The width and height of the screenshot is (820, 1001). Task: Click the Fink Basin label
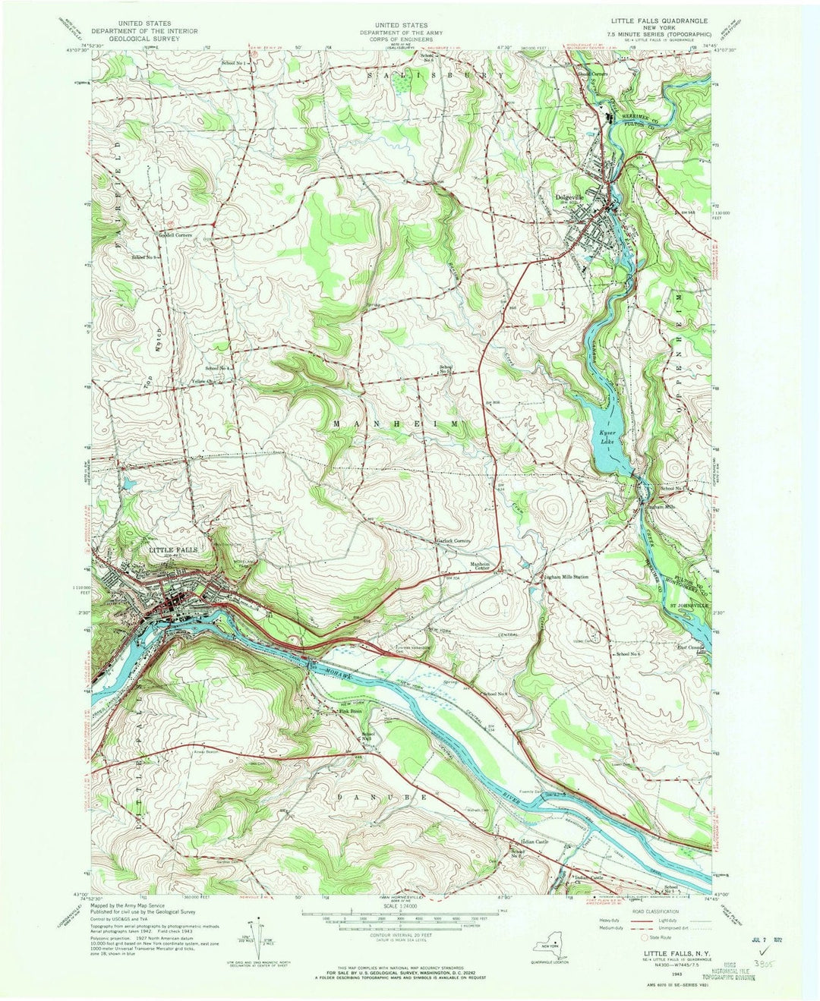point(349,711)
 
